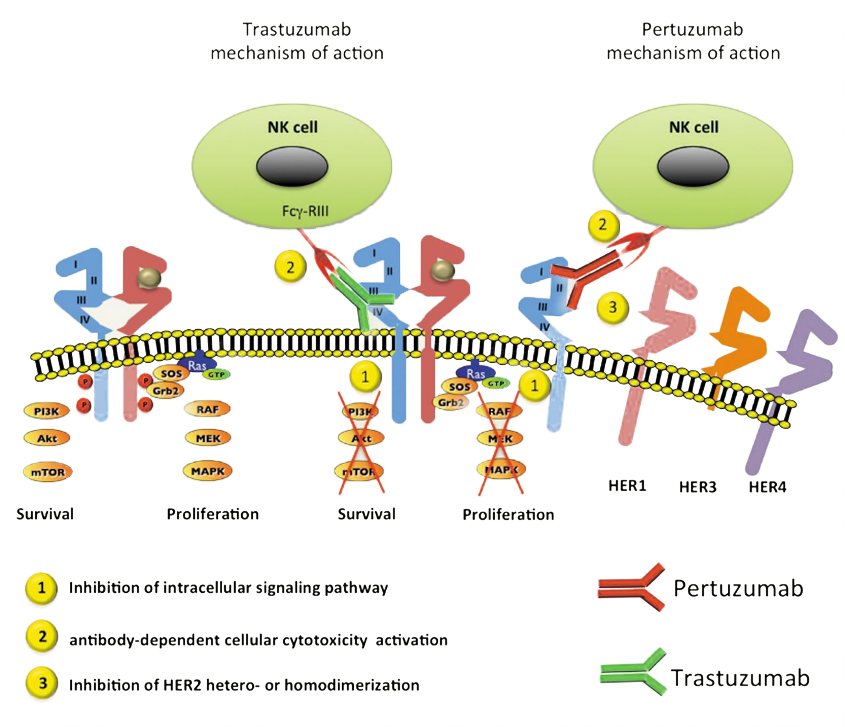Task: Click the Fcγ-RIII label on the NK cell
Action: point(305,211)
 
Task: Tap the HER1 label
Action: point(627,486)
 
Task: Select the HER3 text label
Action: point(698,487)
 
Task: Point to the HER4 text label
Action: point(767,487)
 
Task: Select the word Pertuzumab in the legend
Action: point(738,588)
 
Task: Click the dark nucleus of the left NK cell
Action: point(292,166)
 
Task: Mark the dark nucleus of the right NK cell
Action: point(693,166)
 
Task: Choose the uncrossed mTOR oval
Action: point(48,472)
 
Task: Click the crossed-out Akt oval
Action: point(361,438)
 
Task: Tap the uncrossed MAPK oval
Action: point(208,471)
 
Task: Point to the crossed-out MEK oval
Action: point(500,438)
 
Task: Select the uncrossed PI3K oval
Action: point(46,411)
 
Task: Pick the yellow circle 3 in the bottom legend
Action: point(42,683)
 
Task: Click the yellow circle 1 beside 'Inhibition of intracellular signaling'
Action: point(41,588)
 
